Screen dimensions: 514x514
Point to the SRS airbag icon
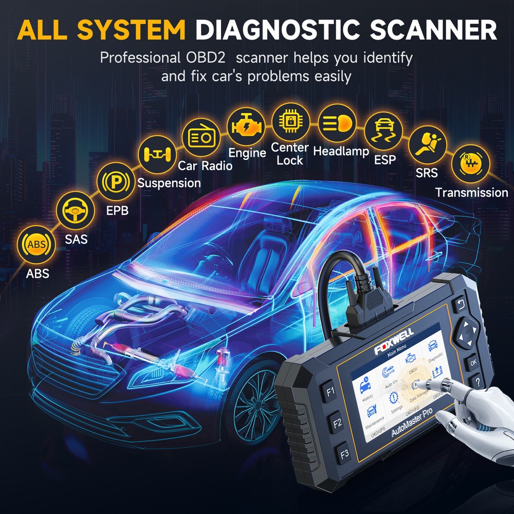426,145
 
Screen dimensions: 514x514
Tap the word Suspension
169,183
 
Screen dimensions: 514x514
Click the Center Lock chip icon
290,121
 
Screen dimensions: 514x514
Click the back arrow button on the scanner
460,306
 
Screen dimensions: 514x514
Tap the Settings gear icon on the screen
395,397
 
